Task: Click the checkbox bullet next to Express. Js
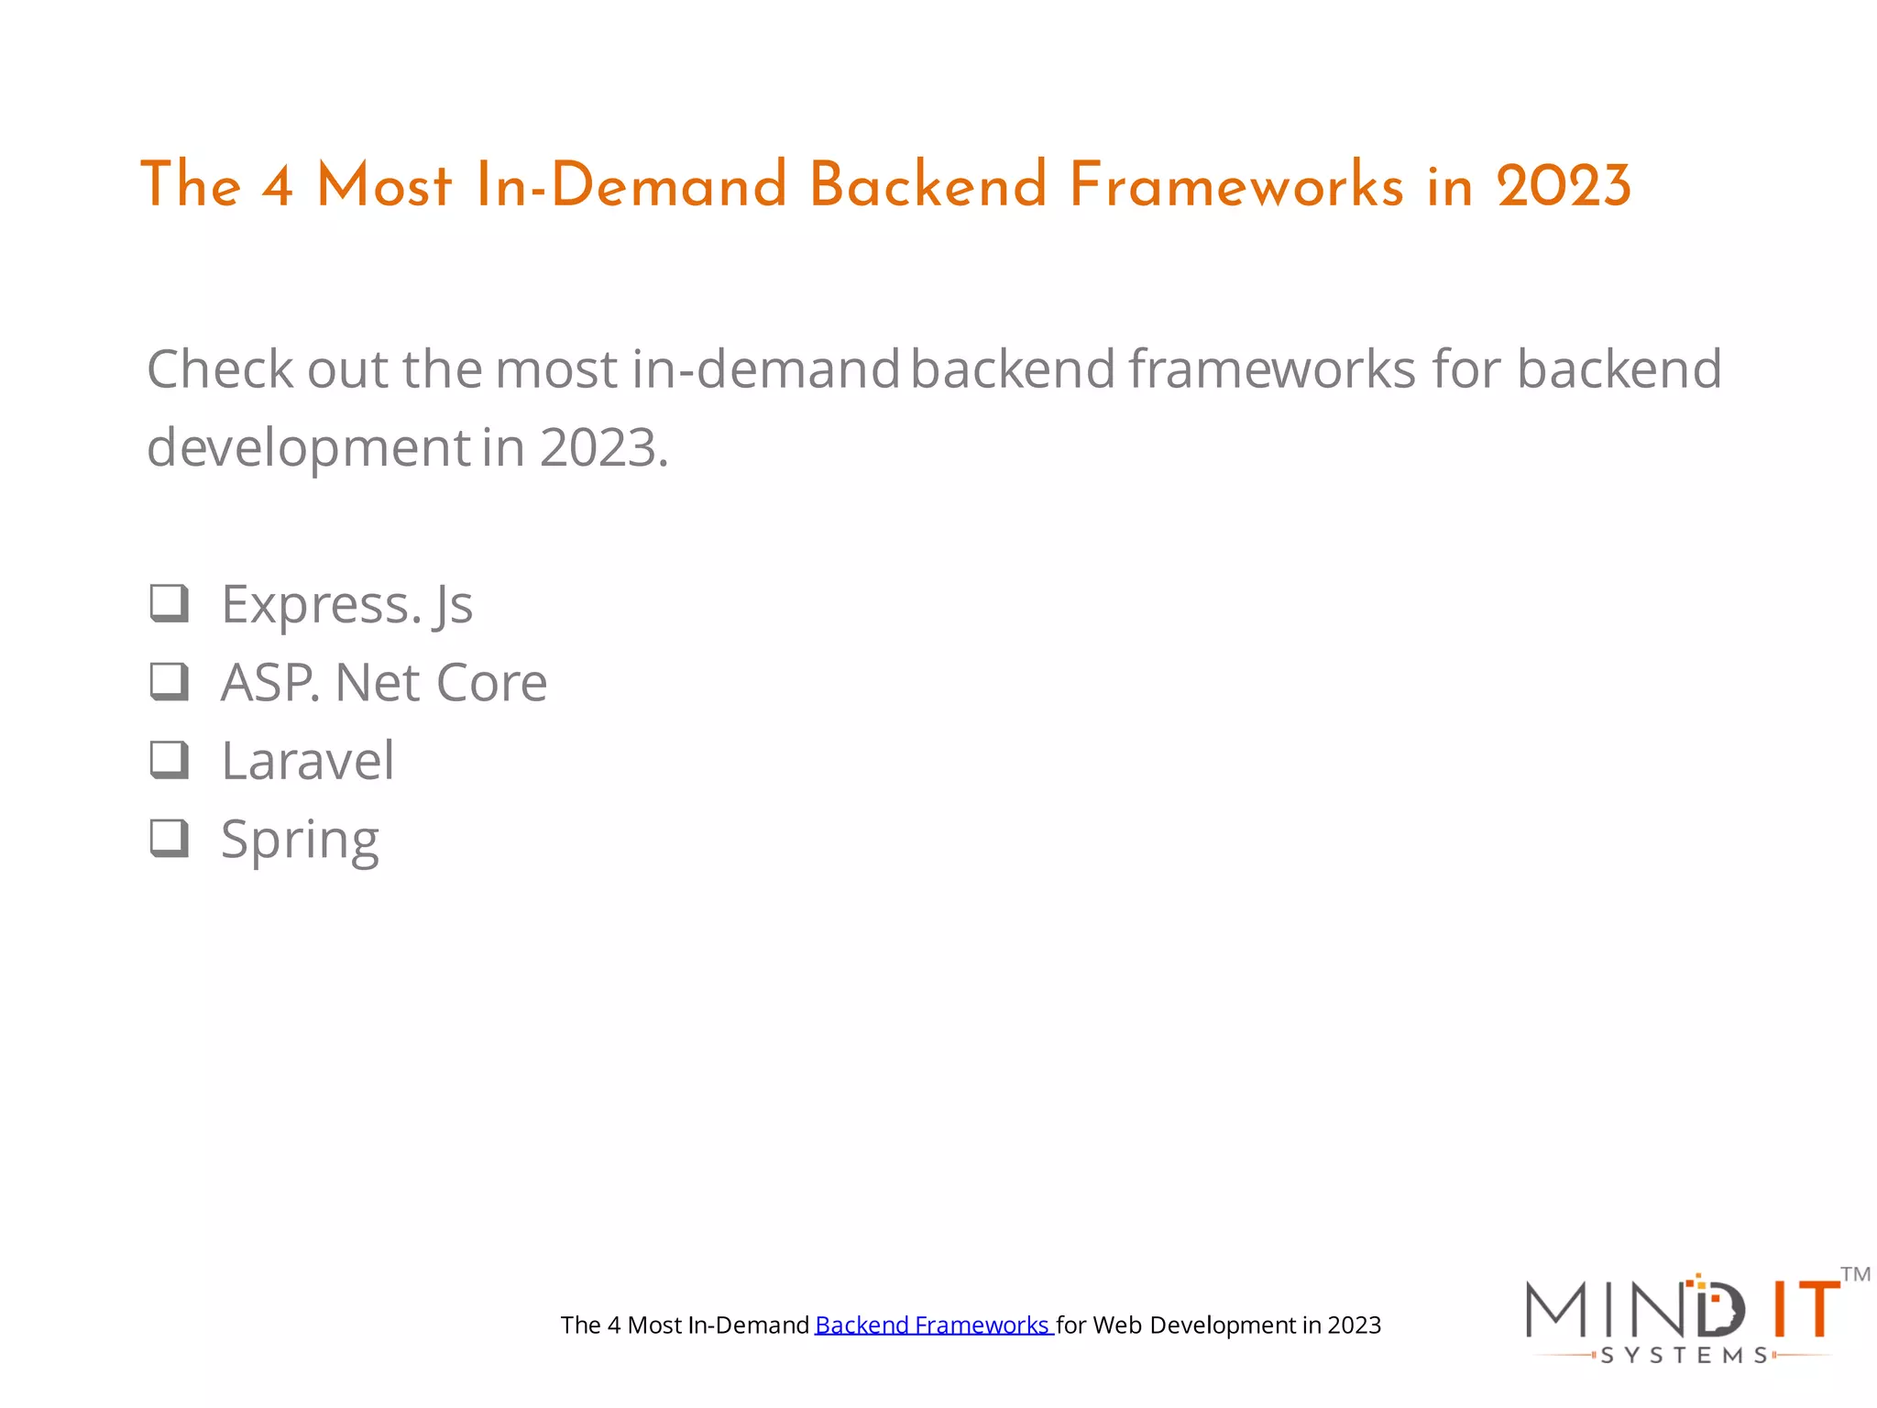tap(170, 603)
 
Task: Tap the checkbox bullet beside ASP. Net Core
tap(170, 682)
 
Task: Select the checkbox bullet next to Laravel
tap(170, 760)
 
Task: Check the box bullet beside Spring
tap(170, 838)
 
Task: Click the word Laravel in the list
tap(308, 761)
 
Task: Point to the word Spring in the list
tap(300, 840)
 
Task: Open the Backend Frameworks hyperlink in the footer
tap(932, 1325)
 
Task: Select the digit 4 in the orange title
tap(277, 185)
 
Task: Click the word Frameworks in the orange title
tap(1235, 185)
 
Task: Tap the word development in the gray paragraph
tap(309, 448)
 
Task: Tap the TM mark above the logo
tap(1855, 1274)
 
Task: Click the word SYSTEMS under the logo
tap(1685, 1355)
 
